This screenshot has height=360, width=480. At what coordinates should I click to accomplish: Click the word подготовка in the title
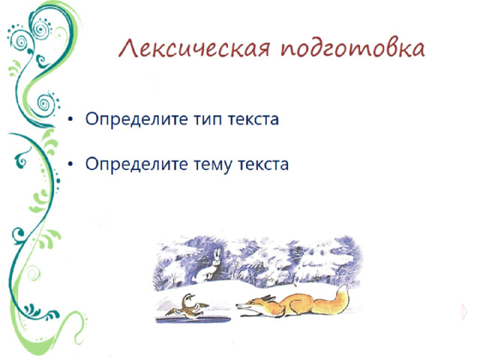pyautogui.click(x=353, y=51)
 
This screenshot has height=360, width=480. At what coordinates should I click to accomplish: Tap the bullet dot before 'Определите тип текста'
pyautogui.click(x=70, y=120)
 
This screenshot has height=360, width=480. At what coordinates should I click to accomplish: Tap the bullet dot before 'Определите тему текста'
pyautogui.click(x=70, y=164)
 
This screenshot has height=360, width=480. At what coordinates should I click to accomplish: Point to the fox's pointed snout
pyautogui.click(x=239, y=305)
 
